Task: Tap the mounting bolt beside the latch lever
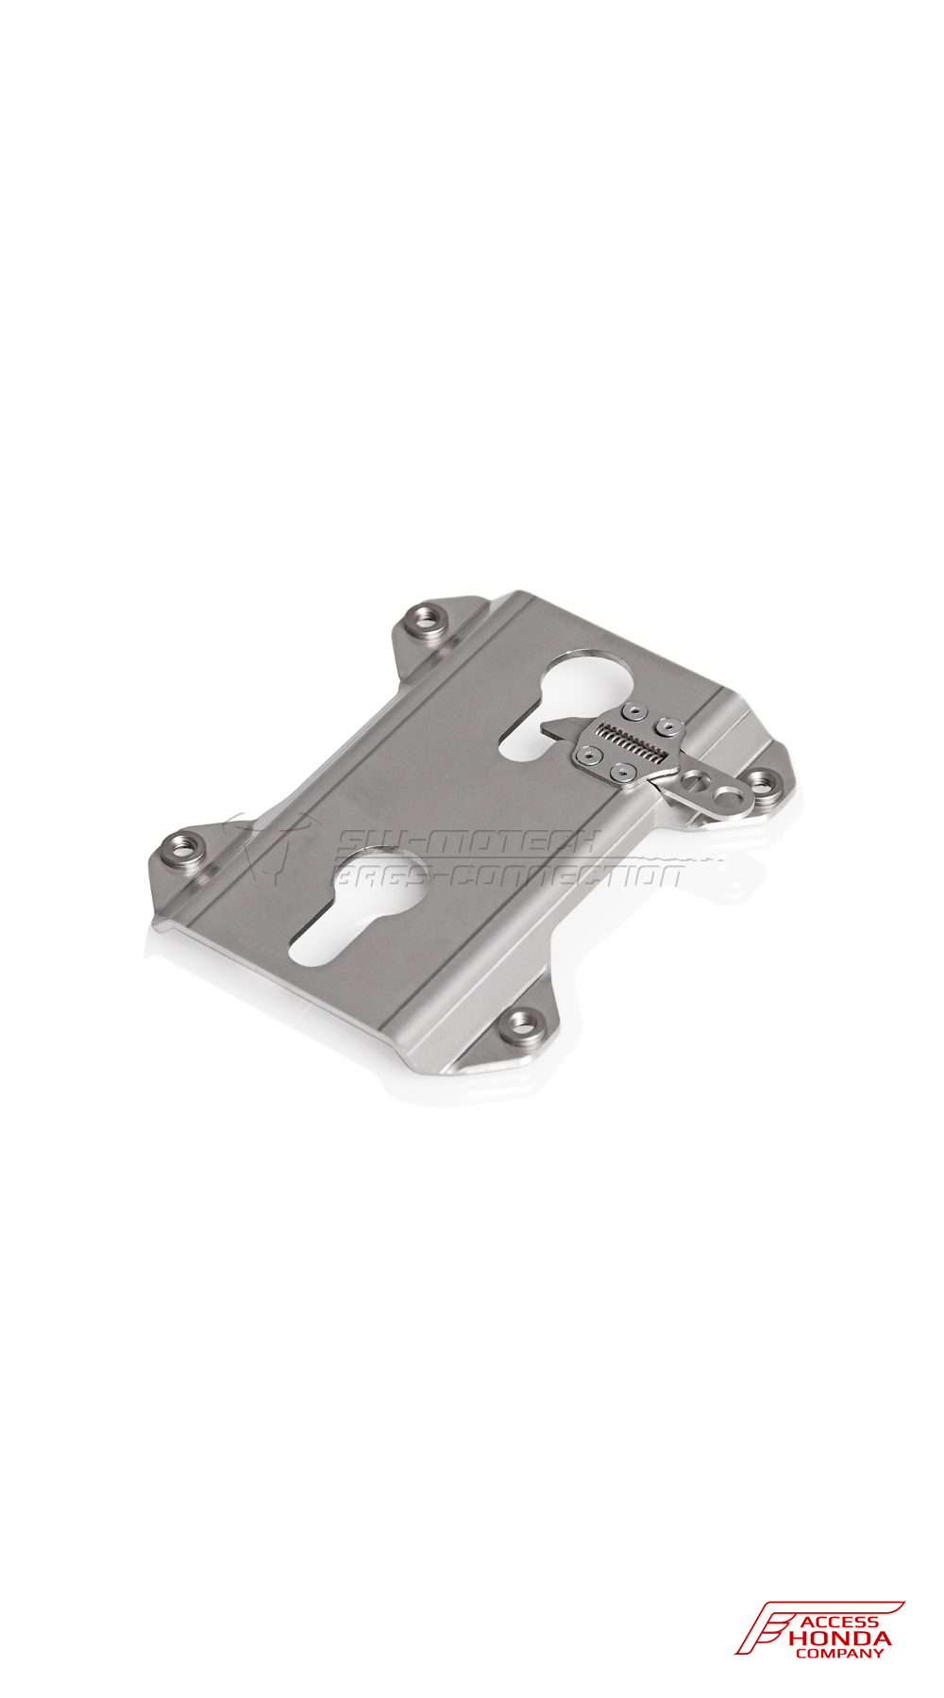(x=763, y=780)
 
